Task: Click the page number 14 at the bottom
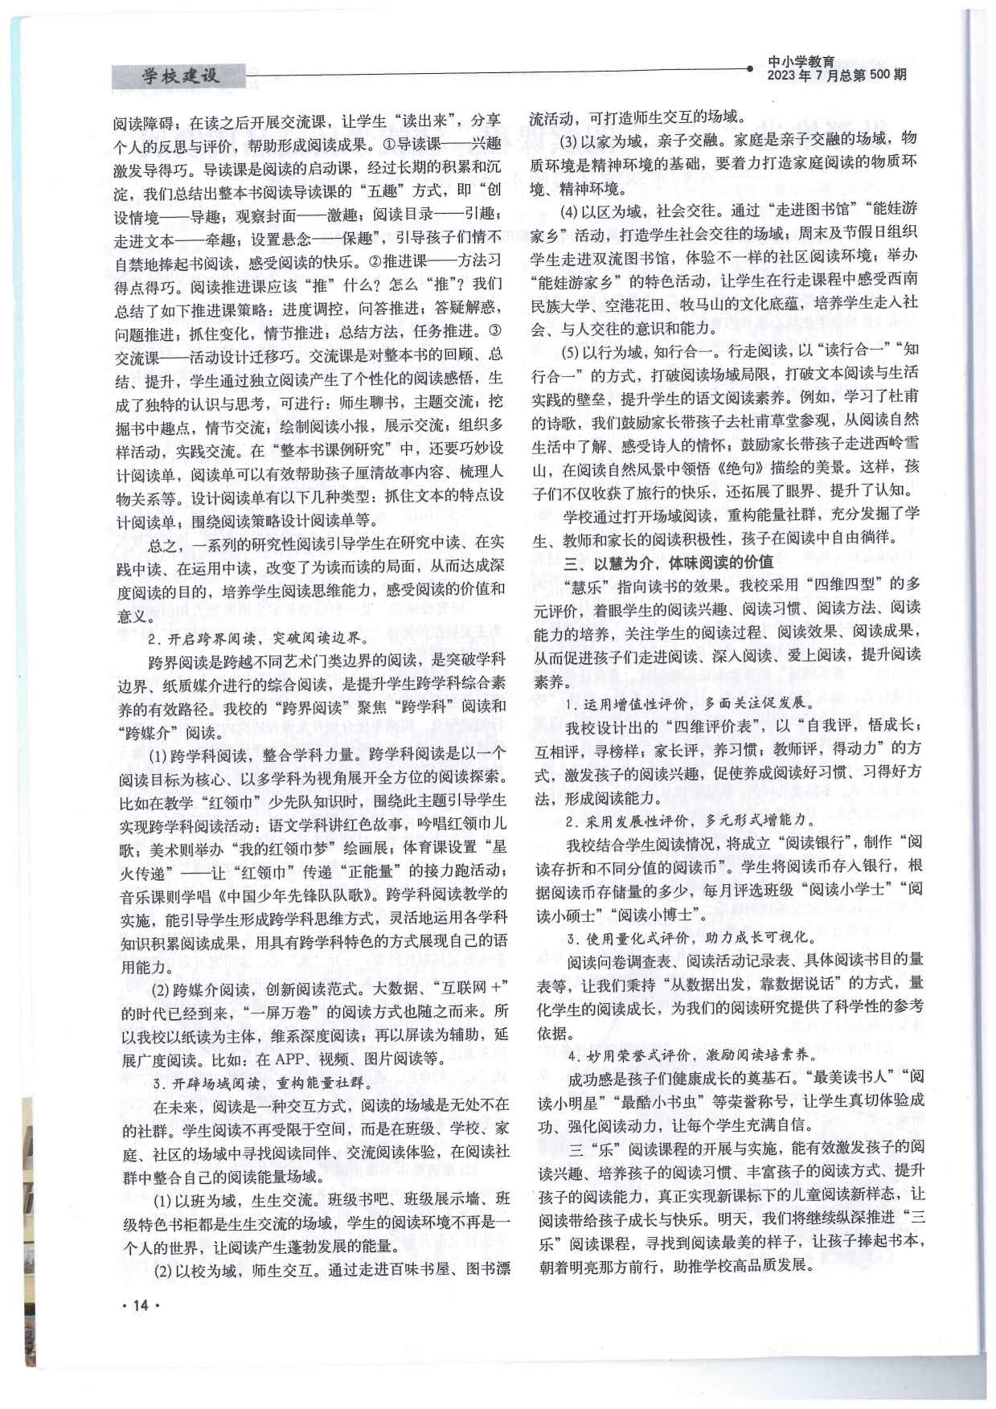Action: click(140, 1305)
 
